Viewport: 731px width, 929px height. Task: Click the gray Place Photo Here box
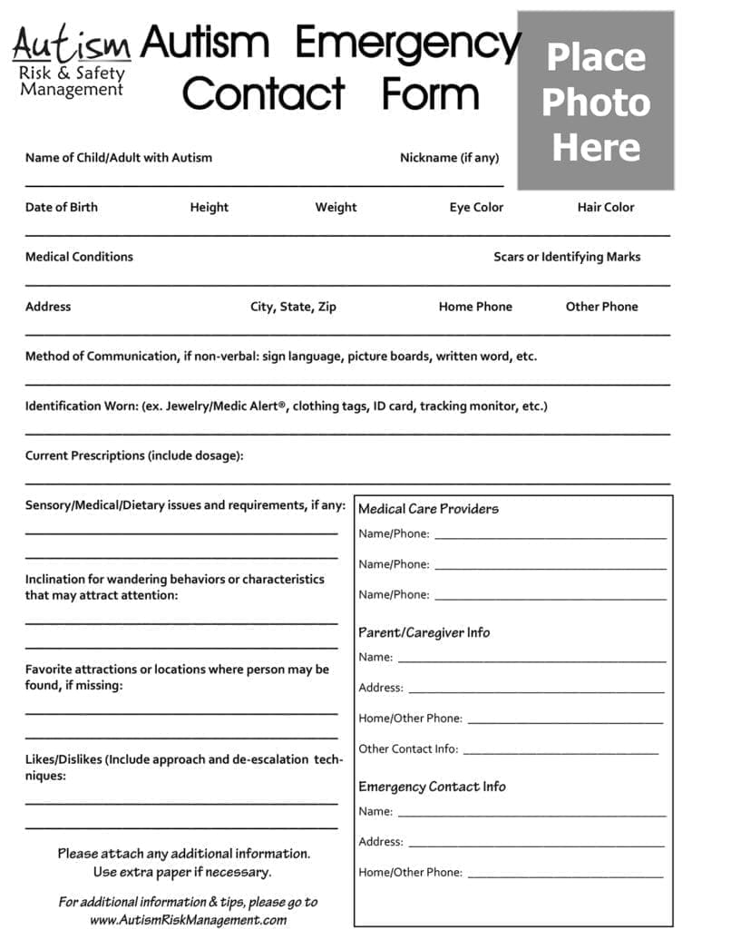595,101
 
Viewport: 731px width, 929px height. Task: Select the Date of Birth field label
61,207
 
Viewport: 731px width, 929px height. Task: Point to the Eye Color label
476,207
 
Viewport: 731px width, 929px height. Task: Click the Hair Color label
606,207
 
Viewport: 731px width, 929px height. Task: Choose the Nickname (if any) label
449,158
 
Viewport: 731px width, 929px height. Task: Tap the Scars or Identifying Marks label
567,257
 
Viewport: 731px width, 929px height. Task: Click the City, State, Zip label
293,307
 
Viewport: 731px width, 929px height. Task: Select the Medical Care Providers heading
428,509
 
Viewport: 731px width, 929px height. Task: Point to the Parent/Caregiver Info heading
424,632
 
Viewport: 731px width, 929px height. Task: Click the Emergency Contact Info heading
432,787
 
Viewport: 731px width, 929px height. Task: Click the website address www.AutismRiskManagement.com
188,919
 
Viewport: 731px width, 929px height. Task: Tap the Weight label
336,207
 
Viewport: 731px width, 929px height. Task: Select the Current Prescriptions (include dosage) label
134,455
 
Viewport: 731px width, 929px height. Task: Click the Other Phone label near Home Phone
601,307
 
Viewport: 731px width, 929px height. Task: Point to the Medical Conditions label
79,257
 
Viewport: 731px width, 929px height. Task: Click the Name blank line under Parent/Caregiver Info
531,660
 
